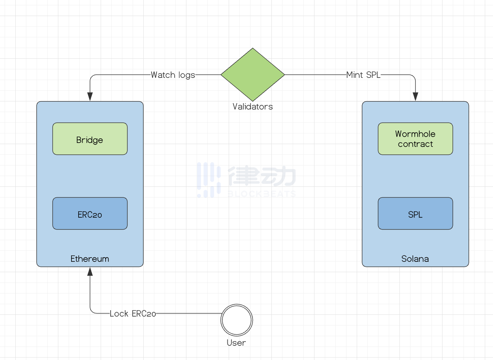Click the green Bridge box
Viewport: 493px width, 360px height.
pyautogui.click(x=90, y=139)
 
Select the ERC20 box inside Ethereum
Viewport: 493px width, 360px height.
pyautogui.click(x=90, y=213)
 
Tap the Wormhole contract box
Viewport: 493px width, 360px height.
pyautogui.click(x=415, y=139)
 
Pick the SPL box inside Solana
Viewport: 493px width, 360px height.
pyautogui.click(x=415, y=213)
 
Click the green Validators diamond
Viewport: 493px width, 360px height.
pyautogui.click(x=253, y=75)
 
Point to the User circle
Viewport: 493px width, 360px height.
pyautogui.click(x=237, y=320)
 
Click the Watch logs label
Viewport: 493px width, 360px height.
pyautogui.click(x=173, y=75)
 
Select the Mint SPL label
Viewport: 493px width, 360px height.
pyautogui.click(x=363, y=75)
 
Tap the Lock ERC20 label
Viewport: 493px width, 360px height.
pyautogui.click(x=133, y=314)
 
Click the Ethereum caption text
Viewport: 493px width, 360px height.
pyautogui.click(x=90, y=259)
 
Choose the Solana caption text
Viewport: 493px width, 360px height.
pyautogui.click(x=415, y=259)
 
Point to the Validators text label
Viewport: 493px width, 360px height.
pyautogui.click(x=253, y=107)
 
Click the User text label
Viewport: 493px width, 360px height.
pyautogui.click(x=236, y=343)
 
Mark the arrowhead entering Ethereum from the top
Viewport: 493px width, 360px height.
pyautogui.click(x=90, y=97)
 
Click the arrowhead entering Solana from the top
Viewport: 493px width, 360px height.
pyautogui.click(x=415, y=97)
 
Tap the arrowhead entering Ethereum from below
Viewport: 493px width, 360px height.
pyautogui.click(x=90, y=272)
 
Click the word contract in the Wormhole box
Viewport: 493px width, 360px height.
pyautogui.click(x=415, y=144)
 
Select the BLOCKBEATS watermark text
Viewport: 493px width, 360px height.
pyautogui.click(x=261, y=194)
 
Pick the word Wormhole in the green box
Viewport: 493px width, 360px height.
pyautogui.click(x=415, y=134)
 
